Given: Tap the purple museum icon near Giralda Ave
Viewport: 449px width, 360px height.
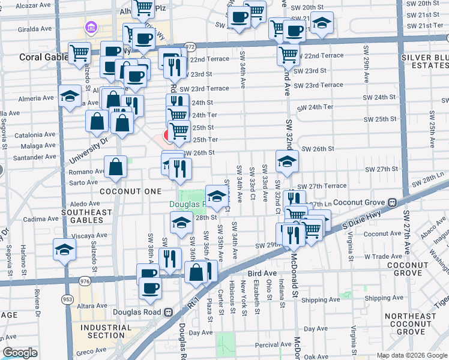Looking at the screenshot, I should pyautogui.click(x=91, y=27).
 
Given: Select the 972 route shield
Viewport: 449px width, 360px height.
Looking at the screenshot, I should pyautogui.click(x=190, y=46).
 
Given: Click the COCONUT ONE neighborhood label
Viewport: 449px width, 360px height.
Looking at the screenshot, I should pyautogui.click(x=130, y=191).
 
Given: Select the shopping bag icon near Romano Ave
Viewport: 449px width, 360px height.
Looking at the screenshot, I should pyautogui.click(x=115, y=168).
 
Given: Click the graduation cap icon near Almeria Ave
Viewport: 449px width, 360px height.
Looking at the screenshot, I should pyautogui.click(x=70, y=96).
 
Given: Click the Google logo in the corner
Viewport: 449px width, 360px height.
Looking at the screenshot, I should pyautogui.click(x=20, y=353).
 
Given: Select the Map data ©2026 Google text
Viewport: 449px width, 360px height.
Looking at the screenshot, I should pyautogui.click(x=412, y=355).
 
